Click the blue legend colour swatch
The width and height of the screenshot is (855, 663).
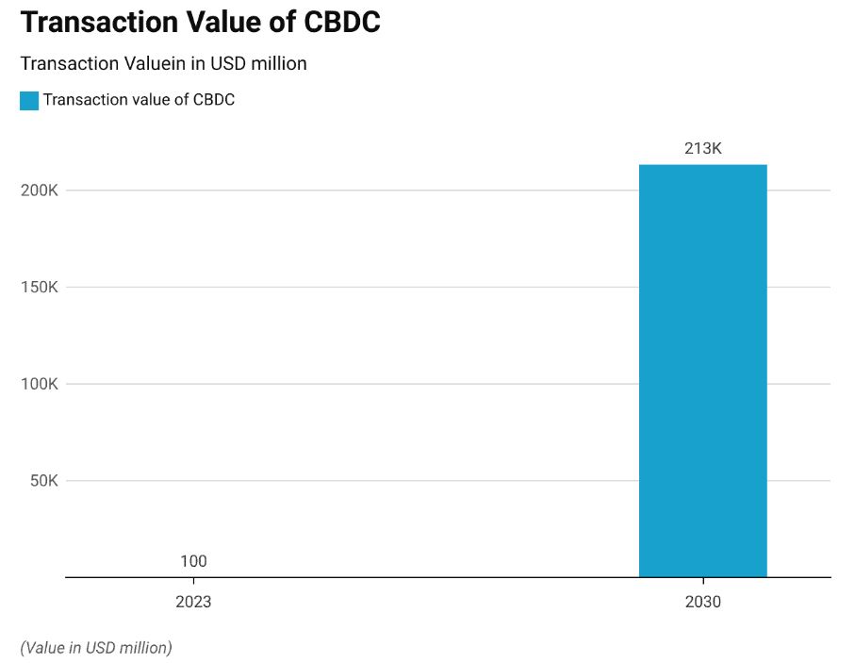(x=29, y=100)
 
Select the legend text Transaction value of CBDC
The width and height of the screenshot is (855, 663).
(x=139, y=100)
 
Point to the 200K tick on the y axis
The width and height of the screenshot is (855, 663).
(x=40, y=191)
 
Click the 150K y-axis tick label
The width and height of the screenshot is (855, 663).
(x=40, y=288)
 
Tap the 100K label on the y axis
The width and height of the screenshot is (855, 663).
(x=40, y=384)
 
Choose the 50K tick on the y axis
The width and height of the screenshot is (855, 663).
(x=43, y=481)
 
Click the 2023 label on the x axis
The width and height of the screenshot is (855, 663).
(x=193, y=602)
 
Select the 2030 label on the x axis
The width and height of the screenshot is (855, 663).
(x=702, y=602)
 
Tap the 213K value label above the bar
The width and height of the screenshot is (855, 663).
(x=702, y=148)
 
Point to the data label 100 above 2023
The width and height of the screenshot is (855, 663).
(x=193, y=561)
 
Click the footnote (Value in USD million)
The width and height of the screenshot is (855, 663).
(x=96, y=647)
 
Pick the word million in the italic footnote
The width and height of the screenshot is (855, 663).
(x=145, y=647)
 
